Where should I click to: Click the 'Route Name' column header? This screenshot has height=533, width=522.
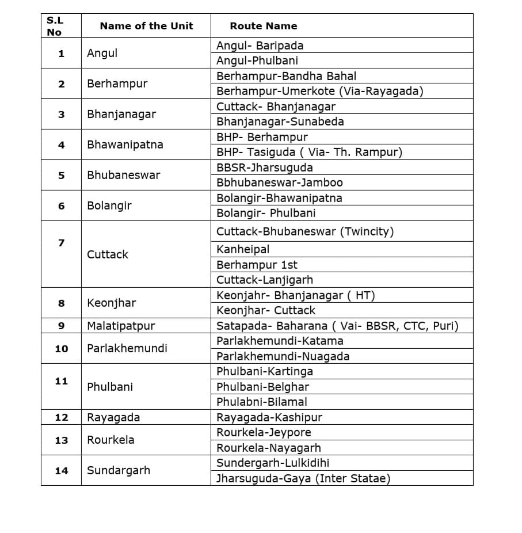tap(264, 26)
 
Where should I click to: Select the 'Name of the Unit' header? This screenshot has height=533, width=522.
tap(146, 26)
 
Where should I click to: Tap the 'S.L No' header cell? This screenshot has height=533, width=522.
tap(55, 26)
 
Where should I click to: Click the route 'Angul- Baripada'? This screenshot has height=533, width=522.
tap(260, 45)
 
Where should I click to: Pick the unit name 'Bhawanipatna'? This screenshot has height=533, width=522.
tap(125, 144)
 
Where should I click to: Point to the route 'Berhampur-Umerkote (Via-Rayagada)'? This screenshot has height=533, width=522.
tap(319, 91)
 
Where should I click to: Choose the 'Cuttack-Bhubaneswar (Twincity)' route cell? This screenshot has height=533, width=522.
tap(305, 231)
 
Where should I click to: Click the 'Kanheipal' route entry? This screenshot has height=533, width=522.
tap(243, 249)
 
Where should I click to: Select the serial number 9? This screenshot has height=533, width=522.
tap(61, 326)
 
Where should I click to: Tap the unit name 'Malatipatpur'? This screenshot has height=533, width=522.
tap(121, 326)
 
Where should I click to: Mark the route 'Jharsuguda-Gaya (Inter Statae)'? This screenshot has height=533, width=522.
tap(303, 478)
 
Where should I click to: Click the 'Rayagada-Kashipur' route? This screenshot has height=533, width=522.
tap(269, 417)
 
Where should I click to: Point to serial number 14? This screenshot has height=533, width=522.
tap(61, 471)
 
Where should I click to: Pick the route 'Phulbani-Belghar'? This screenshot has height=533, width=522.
tap(262, 387)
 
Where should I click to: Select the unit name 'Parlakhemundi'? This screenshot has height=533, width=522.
tap(127, 348)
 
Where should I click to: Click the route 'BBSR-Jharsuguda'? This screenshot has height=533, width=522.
tap(265, 167)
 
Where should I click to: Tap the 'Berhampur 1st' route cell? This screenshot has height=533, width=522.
tap(257, 265)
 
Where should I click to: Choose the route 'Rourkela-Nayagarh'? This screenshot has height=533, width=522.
tap(269, 448)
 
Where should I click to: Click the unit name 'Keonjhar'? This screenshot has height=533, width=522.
tap(111, 303)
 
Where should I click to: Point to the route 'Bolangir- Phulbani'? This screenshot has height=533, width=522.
tap(266, 213)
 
